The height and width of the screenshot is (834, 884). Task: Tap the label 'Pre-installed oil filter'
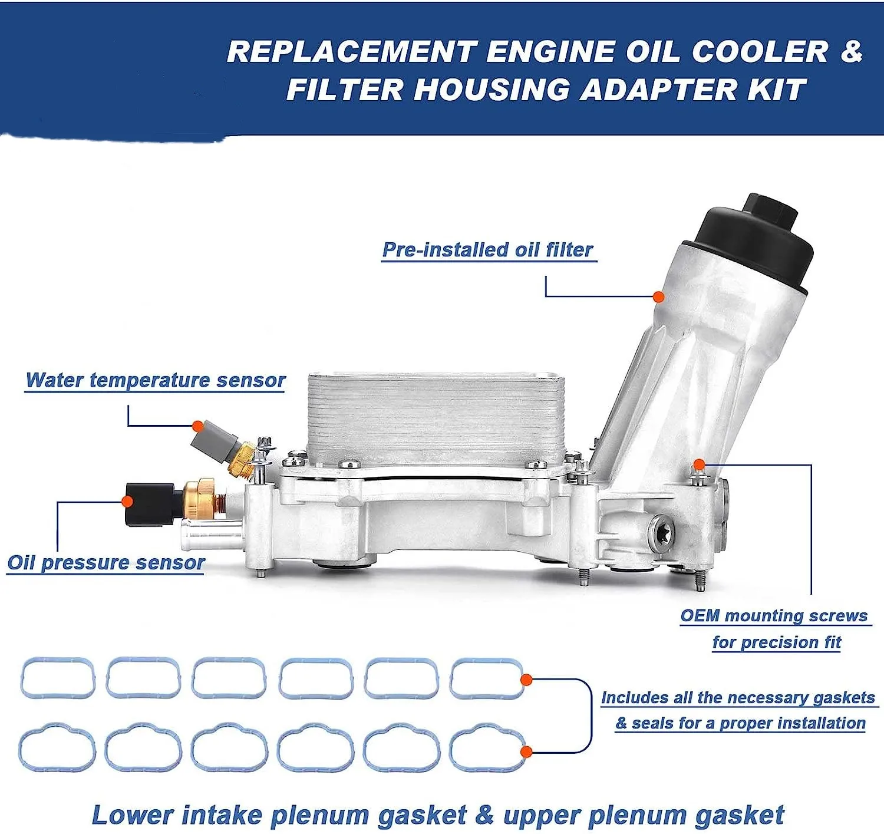click(x=487, y=250)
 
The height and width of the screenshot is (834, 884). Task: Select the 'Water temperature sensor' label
click(x=156, y=380)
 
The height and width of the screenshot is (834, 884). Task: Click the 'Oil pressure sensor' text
click(x=106, y=563)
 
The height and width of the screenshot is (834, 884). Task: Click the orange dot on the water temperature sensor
click(x=197, y=426)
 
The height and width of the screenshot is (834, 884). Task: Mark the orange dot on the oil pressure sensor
click(x=127, y=501)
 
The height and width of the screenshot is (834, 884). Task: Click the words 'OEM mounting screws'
click(x=774, y=616)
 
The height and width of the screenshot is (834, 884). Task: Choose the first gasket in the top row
click(x=58, y=678)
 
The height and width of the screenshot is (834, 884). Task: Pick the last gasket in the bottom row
click(x=487, y=750)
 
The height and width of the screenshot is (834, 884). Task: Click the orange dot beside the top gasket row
click(x=526, y=680)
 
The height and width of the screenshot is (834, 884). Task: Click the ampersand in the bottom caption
click(x=484, y=815)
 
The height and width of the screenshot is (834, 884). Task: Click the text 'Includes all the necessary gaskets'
click(x=738, y=698)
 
